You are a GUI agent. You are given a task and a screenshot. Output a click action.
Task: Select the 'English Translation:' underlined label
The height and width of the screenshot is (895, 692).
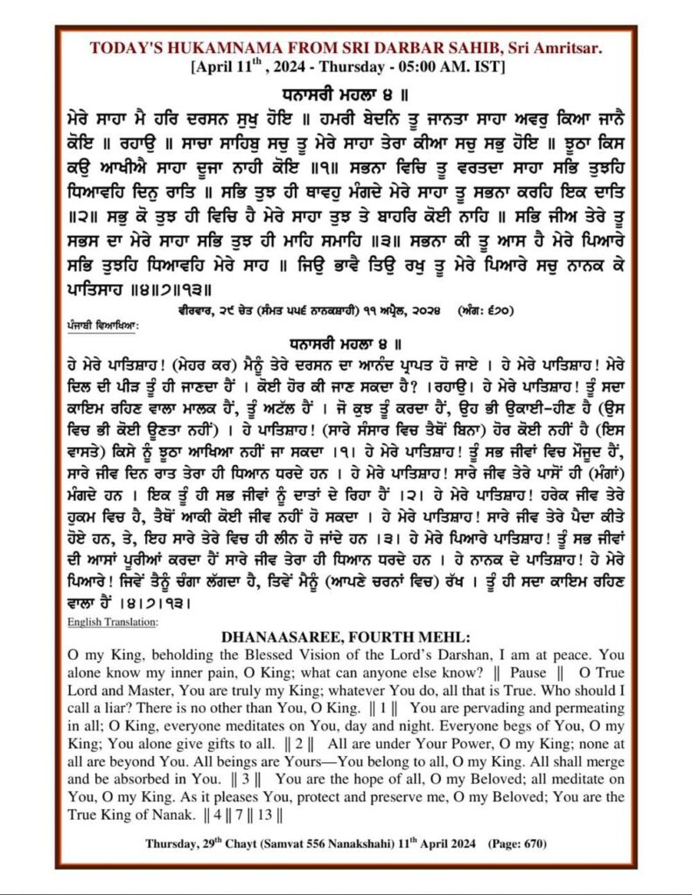[x=112, y=621]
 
